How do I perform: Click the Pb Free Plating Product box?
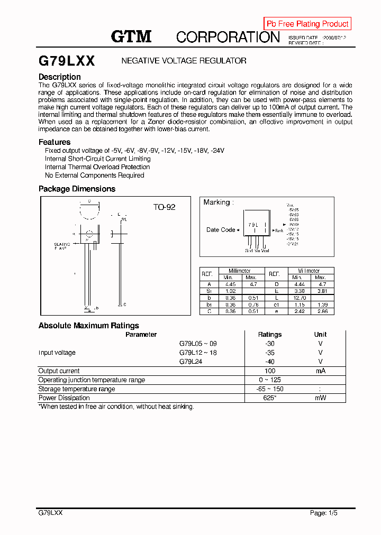point(307,24)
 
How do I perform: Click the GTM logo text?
point(131,36)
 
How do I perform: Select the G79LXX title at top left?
point(67,61)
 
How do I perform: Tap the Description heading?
point(60,77)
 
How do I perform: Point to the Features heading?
point(55,142)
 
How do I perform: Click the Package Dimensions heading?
point(77,189)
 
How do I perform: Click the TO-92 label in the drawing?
point(164,207)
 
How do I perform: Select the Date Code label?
point(221,230)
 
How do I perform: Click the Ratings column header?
point(270,335)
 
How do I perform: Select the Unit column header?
point(320,335)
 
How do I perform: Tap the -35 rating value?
point(270,353)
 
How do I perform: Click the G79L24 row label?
point(190,362)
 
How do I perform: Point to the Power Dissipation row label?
point(64,398)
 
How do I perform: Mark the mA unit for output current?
point(320,371)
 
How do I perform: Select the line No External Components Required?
point(95,176)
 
